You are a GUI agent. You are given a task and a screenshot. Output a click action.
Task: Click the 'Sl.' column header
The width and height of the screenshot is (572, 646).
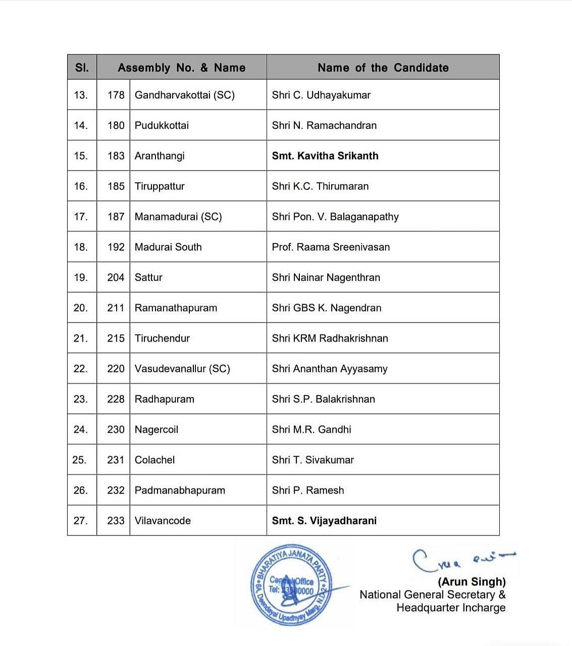point(82,68)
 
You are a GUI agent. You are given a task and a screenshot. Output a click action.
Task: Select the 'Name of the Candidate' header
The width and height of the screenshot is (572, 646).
point(383,68)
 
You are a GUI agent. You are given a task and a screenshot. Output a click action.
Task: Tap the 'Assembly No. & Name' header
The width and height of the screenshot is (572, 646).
point(181,68)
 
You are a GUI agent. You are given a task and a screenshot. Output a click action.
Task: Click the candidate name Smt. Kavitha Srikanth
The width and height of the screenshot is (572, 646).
point(325,156)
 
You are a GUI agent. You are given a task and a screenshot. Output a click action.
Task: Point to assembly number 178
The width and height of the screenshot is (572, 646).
point(116,95)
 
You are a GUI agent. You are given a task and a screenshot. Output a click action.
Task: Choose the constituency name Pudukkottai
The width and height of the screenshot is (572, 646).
point(162,126)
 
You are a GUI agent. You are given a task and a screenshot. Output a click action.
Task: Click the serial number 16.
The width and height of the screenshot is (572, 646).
point(81,186)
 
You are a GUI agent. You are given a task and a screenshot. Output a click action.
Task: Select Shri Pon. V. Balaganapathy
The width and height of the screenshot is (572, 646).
point(335,217)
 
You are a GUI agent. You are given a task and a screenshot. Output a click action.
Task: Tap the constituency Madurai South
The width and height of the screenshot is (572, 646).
point(168,247)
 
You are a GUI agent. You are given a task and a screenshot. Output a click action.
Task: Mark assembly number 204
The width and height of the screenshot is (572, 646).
point(116,278)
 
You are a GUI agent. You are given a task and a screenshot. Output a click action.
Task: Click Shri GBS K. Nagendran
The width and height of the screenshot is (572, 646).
point(326,308)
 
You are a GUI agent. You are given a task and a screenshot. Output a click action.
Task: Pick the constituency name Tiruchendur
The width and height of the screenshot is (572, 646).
point(162,338)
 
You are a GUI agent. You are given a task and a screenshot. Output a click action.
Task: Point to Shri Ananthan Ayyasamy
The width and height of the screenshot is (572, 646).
point(329,369)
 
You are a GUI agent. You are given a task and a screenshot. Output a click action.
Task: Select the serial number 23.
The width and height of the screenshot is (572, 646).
point(81,399)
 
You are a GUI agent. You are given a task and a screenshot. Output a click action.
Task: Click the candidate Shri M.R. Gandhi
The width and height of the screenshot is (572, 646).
point(311,429)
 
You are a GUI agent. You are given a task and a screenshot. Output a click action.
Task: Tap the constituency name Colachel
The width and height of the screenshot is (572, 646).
point(154,460)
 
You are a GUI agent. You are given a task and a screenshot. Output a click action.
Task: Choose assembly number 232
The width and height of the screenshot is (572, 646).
point(116,490)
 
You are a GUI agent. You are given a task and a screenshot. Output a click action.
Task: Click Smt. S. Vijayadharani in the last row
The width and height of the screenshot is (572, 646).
point(324,521)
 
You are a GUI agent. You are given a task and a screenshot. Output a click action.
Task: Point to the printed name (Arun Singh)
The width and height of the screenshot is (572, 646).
point(472,582)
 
